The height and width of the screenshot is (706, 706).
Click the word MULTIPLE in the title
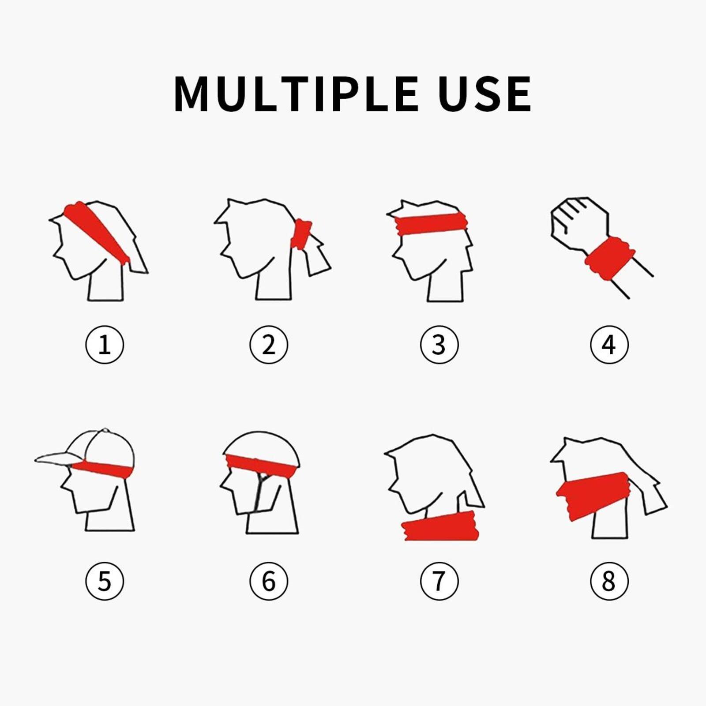(x=296, y=94)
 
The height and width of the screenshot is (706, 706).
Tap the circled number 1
(x=105, y=345)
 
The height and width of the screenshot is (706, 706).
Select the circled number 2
(x=269, y=345)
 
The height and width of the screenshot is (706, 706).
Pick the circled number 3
(x=439, y=345)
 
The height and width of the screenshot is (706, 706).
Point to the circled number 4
(x=609, y=345)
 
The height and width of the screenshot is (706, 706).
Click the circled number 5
(x=105, y=581)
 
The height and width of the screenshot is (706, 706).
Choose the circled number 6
(x=269, y=581)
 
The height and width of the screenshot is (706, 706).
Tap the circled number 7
(x=439, y=581)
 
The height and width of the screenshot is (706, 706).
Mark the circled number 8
(x=609, y=581)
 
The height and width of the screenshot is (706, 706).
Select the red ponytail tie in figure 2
(x=301, y=234)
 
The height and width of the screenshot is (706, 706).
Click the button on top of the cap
(x=105, y=429)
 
